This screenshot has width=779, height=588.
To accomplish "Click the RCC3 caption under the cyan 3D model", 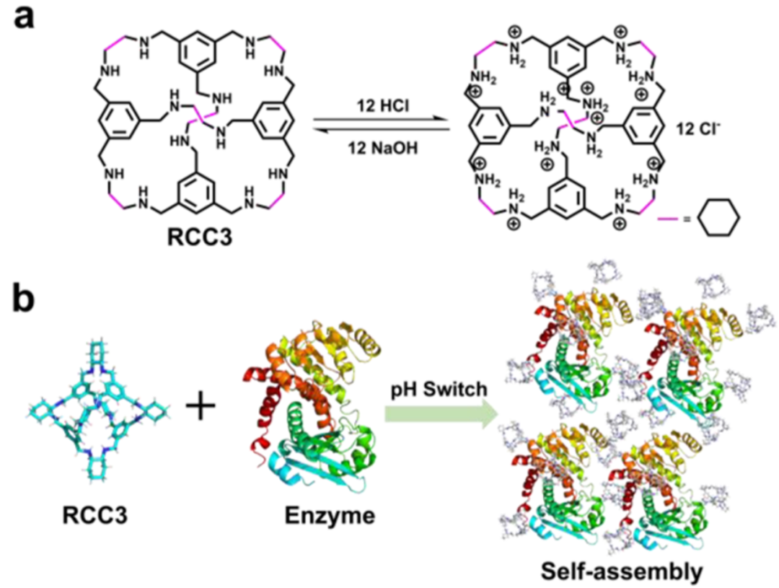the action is pyautogui.click(x=95, y=515).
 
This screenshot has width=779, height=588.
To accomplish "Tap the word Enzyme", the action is pyautogui.click(x=330, y=516).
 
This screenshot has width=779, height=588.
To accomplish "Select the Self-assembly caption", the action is pyautogui.click(x=622, y=571).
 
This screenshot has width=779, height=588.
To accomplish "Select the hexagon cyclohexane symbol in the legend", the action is pyautogui.click(x=719, y=218).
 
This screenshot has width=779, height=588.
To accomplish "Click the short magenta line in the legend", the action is pyautogui.click(x=667, y=218).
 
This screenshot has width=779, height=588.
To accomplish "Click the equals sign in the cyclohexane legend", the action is pyautogui.click(x=687, y=218).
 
